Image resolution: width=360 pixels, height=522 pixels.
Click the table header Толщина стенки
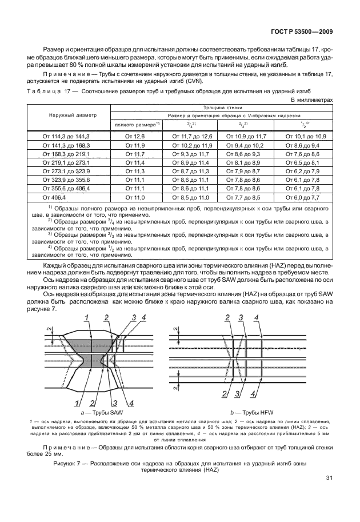[234, 107]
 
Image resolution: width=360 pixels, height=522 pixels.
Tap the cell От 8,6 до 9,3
[243, 154]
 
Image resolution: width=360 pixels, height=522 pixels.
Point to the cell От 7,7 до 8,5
[243, 197]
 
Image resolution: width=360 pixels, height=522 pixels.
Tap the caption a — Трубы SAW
[103, 412]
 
